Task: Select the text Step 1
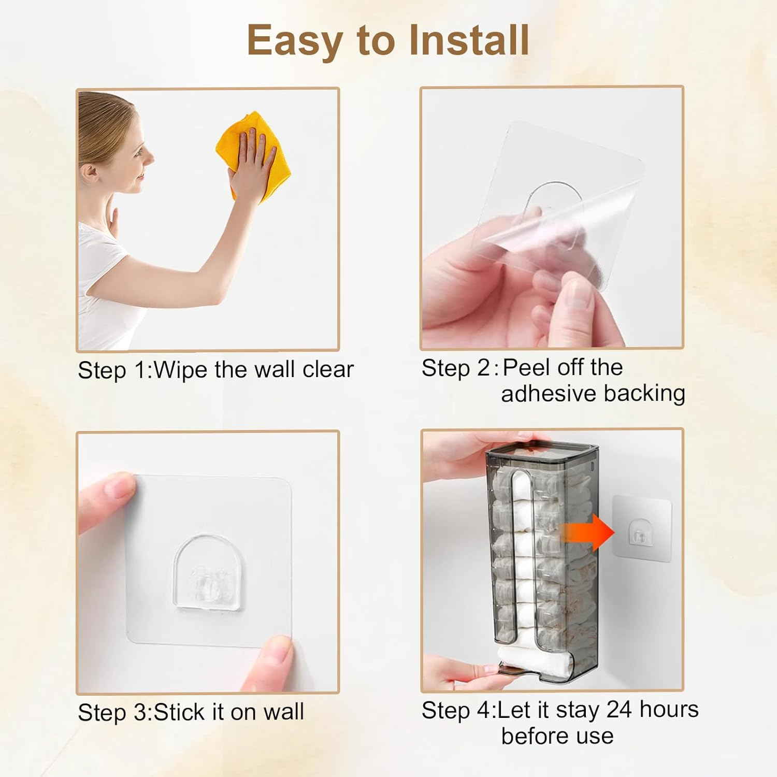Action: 112,370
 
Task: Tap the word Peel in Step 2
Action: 527,367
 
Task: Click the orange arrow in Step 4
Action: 588,532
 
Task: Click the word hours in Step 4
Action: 669,709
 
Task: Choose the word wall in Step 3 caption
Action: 283,712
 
